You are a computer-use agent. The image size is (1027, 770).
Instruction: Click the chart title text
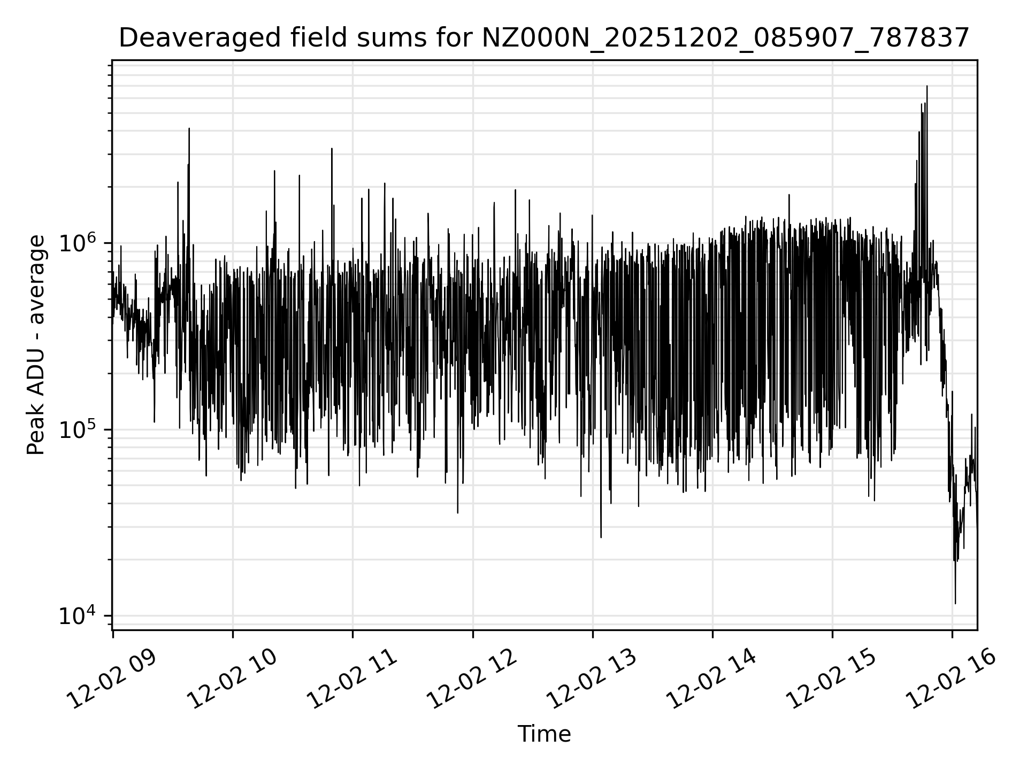pyautogui.click(x=544, y=38)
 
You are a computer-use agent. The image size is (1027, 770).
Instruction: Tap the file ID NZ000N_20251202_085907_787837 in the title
pyautogui.click(x=725, y=38)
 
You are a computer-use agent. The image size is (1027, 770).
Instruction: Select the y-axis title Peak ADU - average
pyautogui.click(x=36, y=345)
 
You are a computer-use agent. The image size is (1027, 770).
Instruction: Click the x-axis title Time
pyautogui.click(x=544, y=734)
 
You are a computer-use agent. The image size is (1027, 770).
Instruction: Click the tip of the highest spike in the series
pyautogui.click(x=927, y=86)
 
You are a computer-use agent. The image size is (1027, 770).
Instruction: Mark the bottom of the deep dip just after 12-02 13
pyautogui.click(x=601, y=537)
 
